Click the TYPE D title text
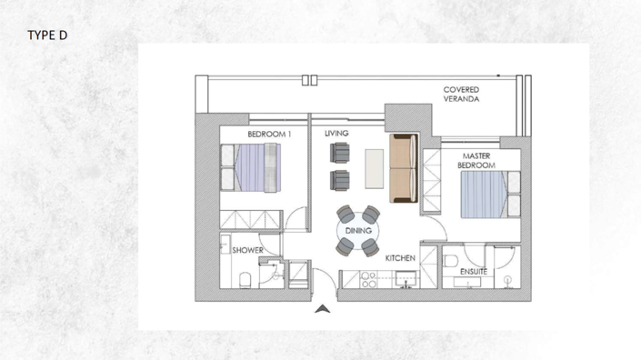point(48,35)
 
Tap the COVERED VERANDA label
point(461,95)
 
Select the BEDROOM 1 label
point(269,135)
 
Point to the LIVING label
point(336,134)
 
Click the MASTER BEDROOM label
point(476,161)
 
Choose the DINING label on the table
point(358,231)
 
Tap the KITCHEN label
point(400,258)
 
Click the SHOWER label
point(247,250)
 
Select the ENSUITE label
point(473,271)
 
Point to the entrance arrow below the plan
point(321,309)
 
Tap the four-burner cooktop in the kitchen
point(369,280)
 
